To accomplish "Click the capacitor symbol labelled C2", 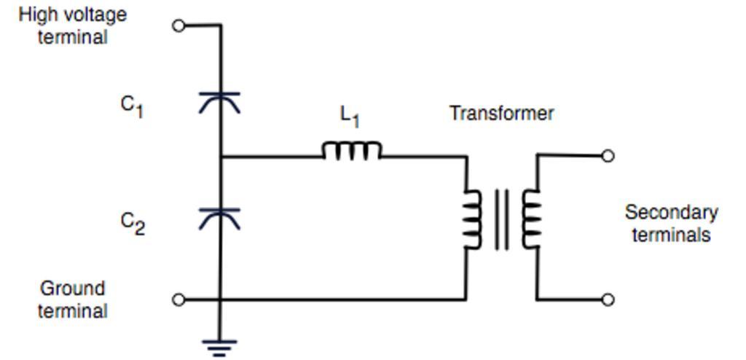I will (220, 217).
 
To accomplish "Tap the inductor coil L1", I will (352, 151).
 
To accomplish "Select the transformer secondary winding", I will (530, 219).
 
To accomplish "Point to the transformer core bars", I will (501, 219).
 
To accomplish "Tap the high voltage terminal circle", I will (178, 26).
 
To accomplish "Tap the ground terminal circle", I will (178, 300).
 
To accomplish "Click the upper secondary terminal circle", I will (608, 155).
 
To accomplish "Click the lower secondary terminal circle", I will (608, 300).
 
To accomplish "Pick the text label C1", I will (132, 106).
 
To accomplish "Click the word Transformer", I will (501, 114).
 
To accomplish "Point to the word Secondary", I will (671, 213).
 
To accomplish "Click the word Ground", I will (72, 289).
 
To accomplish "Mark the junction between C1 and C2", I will (220, 156).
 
